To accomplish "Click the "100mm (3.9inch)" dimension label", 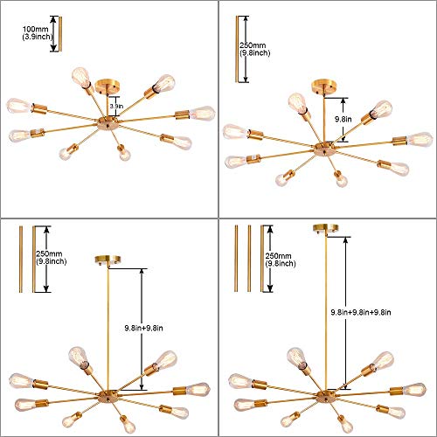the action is coord(38,33).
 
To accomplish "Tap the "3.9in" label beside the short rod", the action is coord(116,107).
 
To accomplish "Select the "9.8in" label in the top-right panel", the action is coord(343,119).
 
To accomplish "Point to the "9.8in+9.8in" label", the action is coord(143,328).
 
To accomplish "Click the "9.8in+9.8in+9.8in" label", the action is coord(361,312).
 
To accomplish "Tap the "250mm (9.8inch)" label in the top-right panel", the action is coord(254,49).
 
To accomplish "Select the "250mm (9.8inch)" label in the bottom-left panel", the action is coord(52,258).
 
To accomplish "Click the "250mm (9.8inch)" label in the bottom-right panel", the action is coord(281,260).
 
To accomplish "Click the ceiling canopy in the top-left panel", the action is coord(108,86).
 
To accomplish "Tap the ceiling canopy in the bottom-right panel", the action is coord(326,228).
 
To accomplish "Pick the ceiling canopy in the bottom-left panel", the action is coord(108,260).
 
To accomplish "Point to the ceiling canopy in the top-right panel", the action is coord(323,87).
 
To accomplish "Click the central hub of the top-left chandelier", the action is coord(108,123).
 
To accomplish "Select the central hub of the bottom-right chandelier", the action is coord(327,397).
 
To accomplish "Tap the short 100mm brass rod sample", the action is coord(60,34).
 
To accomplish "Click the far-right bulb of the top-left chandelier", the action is coord(203,114).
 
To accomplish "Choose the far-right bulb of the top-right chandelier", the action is coord(420,140).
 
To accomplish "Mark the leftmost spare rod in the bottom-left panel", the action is coord(21,259).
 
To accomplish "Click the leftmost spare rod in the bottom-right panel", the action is coord(236,258).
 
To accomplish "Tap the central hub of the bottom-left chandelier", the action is coord(108,397).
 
